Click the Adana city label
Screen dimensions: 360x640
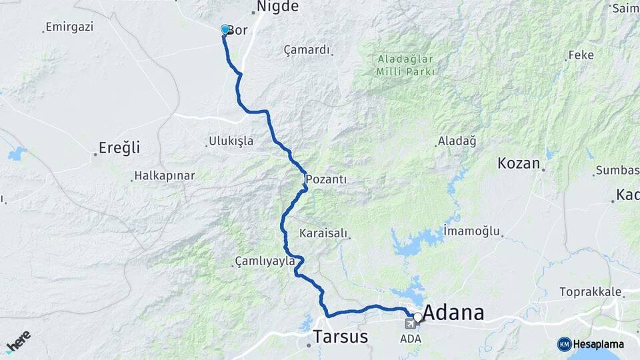453,312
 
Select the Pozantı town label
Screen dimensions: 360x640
327,180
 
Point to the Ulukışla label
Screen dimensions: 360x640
231,141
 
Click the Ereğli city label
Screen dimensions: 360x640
119,147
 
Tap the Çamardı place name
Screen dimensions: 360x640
307,50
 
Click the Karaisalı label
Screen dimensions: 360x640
323,233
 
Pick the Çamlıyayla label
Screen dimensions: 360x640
265,261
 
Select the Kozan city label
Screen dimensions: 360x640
519,162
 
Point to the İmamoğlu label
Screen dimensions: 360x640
471,231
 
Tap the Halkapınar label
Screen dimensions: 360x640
164,176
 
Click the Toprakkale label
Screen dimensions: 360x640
590,292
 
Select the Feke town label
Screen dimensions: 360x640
581,55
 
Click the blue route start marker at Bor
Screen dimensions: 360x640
225,30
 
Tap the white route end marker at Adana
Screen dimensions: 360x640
418,317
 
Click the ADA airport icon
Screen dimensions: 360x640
409,324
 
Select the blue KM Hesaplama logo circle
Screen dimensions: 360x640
564,344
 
